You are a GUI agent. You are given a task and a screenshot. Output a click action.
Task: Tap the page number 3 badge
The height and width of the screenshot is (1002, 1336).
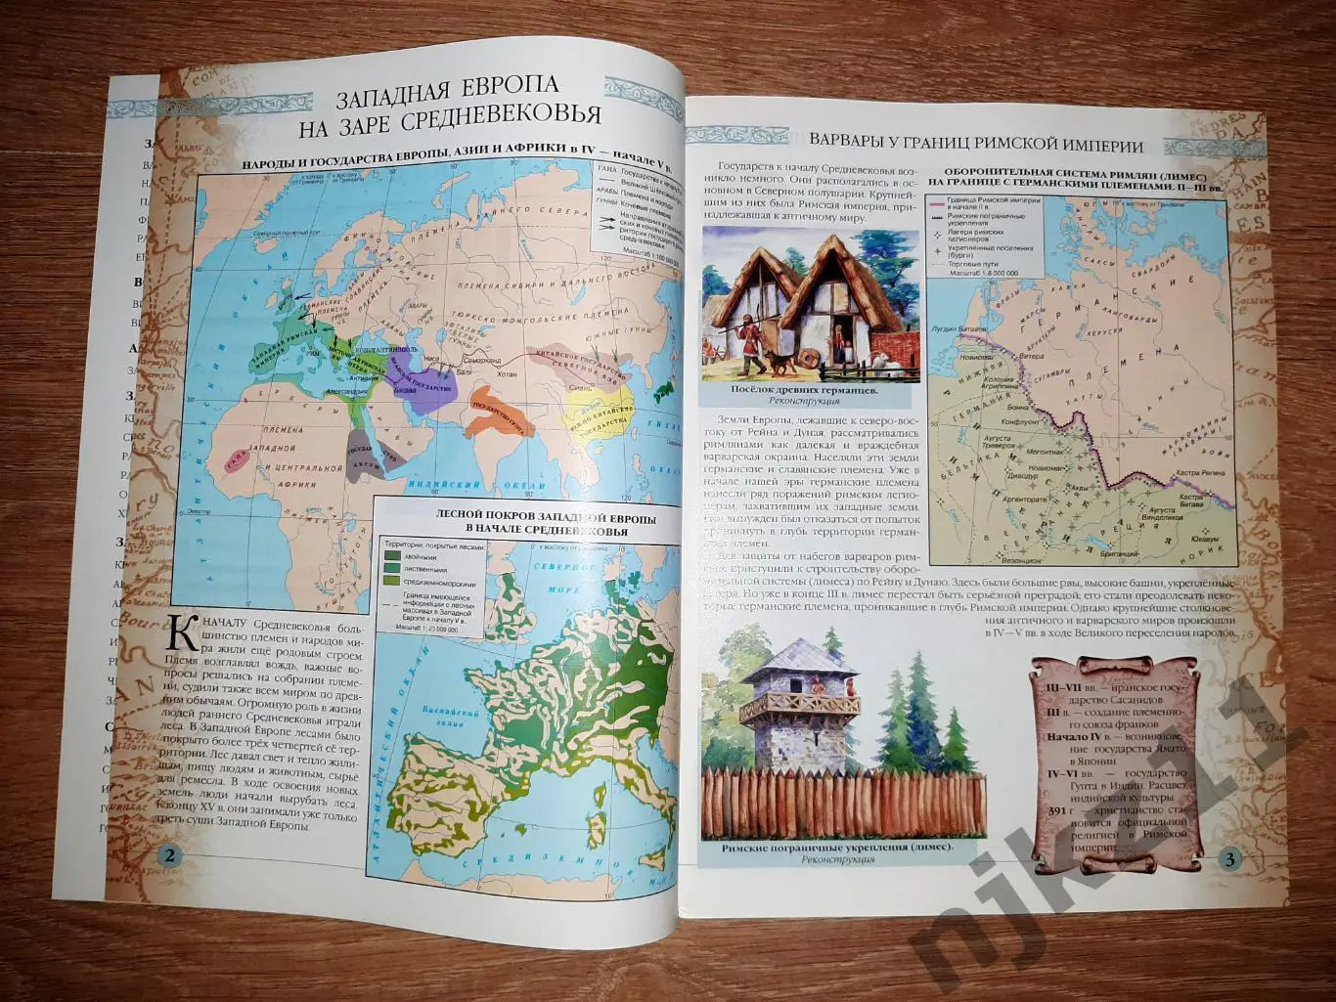(x=1230, y=860)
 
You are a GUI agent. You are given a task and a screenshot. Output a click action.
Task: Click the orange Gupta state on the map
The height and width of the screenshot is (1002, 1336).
(x=499, y=419)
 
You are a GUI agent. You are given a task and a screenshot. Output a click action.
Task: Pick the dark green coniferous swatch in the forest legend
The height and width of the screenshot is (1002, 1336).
(x=391, y=554)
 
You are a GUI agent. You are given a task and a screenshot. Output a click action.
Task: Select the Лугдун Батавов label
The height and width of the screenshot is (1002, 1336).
(x=956, y=328)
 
